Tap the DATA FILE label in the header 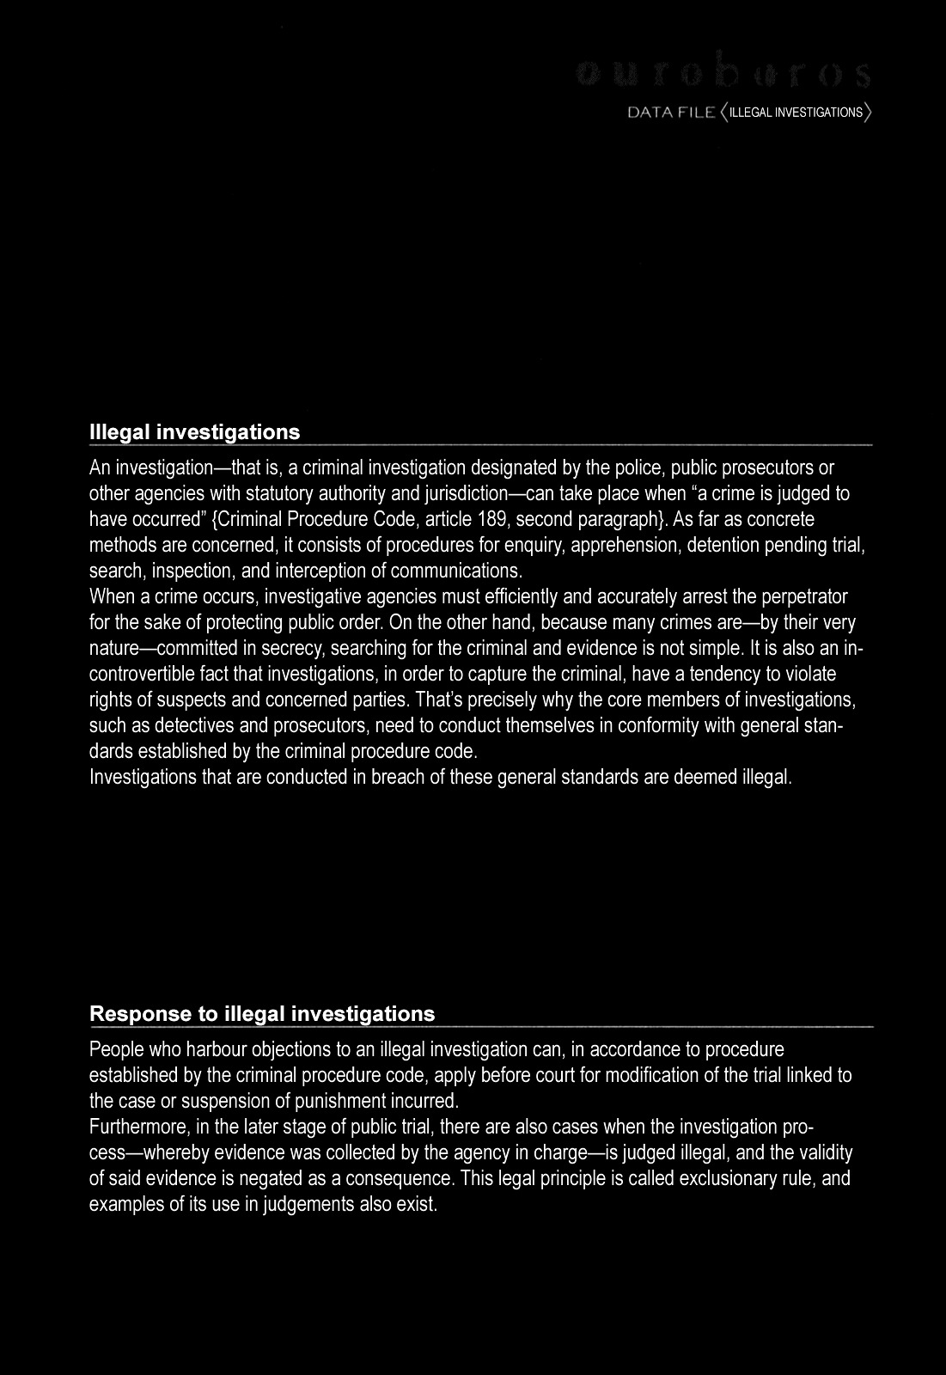tap(671, 113)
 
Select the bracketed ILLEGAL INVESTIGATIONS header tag tap(796, 113)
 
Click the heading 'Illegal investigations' tap(195, 432)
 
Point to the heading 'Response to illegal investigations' tap(262, 1014)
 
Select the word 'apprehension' tap(632, 545)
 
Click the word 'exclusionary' tap(733, 1177)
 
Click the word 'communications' tap(456, 571)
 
